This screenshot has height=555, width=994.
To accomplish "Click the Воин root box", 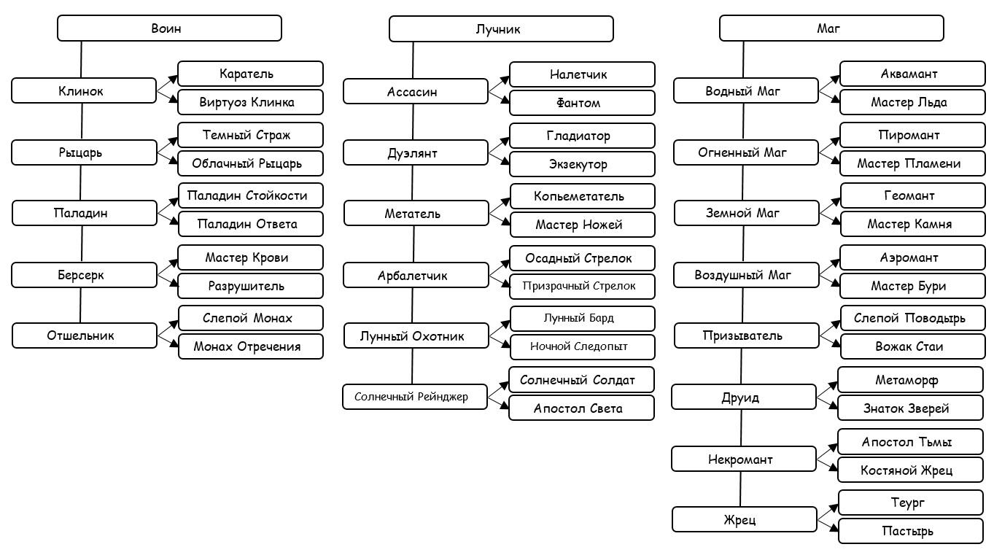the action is click(169, 28).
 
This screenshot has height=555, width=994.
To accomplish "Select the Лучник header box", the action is click(501, 29).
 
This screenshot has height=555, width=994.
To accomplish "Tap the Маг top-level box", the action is click(831, 28).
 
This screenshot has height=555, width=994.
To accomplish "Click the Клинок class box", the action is click(84, 91).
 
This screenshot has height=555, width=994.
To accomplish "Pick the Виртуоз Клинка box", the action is click(250, 103).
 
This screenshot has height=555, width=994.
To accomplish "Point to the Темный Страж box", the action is click(250, 135).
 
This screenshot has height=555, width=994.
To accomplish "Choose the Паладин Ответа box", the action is click(251, 224).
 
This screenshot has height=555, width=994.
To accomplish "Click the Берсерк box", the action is click(84, 275).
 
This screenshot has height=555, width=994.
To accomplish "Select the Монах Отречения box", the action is click(251, 346).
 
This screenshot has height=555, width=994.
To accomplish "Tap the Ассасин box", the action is click(416, 92).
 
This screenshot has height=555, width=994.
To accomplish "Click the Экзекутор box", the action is click(582, 164).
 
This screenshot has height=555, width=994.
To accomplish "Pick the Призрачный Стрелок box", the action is click(582, 287).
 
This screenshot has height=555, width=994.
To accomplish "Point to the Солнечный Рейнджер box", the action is click(415, 397).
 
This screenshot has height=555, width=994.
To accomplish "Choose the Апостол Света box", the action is click(581, 408).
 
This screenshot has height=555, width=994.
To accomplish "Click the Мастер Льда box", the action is click(912, 103).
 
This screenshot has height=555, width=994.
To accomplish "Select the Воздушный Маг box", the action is click(746, 275).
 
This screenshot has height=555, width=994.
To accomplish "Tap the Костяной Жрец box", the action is click(910, 470).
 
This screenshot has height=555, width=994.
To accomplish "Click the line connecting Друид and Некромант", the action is click(741, 427).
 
